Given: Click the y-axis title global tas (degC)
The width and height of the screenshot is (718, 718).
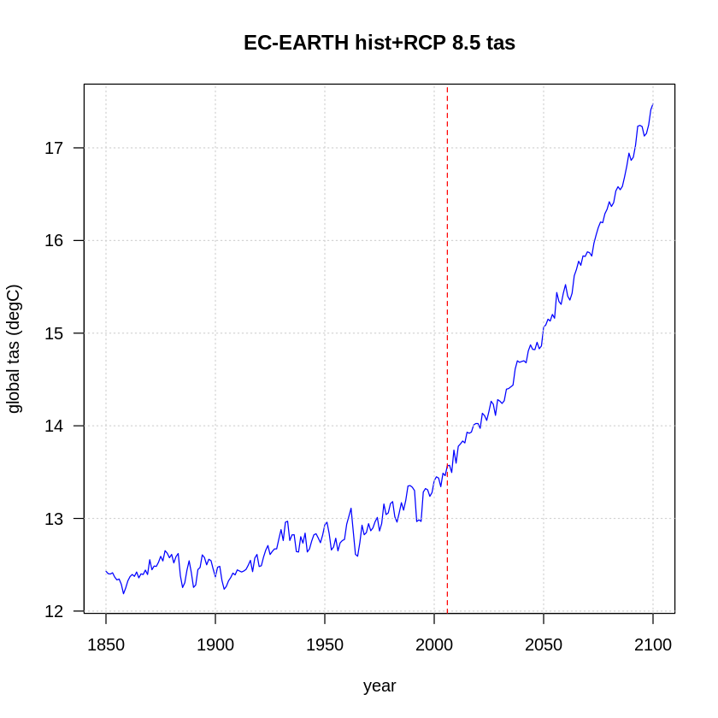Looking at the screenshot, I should point(14,349).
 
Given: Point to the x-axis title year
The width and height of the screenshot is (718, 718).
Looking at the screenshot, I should point(380,686).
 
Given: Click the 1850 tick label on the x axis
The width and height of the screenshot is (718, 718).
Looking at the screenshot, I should point(106,644).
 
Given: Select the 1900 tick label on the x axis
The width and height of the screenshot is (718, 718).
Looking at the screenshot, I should point(215,644).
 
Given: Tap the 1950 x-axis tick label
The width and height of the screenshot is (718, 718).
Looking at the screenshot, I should point(325,644).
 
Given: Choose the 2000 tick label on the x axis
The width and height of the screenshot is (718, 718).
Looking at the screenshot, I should point(434,644).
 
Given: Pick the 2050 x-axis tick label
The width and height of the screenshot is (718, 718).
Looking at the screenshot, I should point(544,644).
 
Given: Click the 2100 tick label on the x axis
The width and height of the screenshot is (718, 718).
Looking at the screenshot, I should point(653,644).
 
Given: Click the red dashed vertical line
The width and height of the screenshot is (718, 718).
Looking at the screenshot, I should point(447,256).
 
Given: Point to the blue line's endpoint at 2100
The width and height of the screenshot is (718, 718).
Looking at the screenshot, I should point(653,104).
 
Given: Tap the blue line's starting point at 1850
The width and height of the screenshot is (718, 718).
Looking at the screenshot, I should point(106,571).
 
